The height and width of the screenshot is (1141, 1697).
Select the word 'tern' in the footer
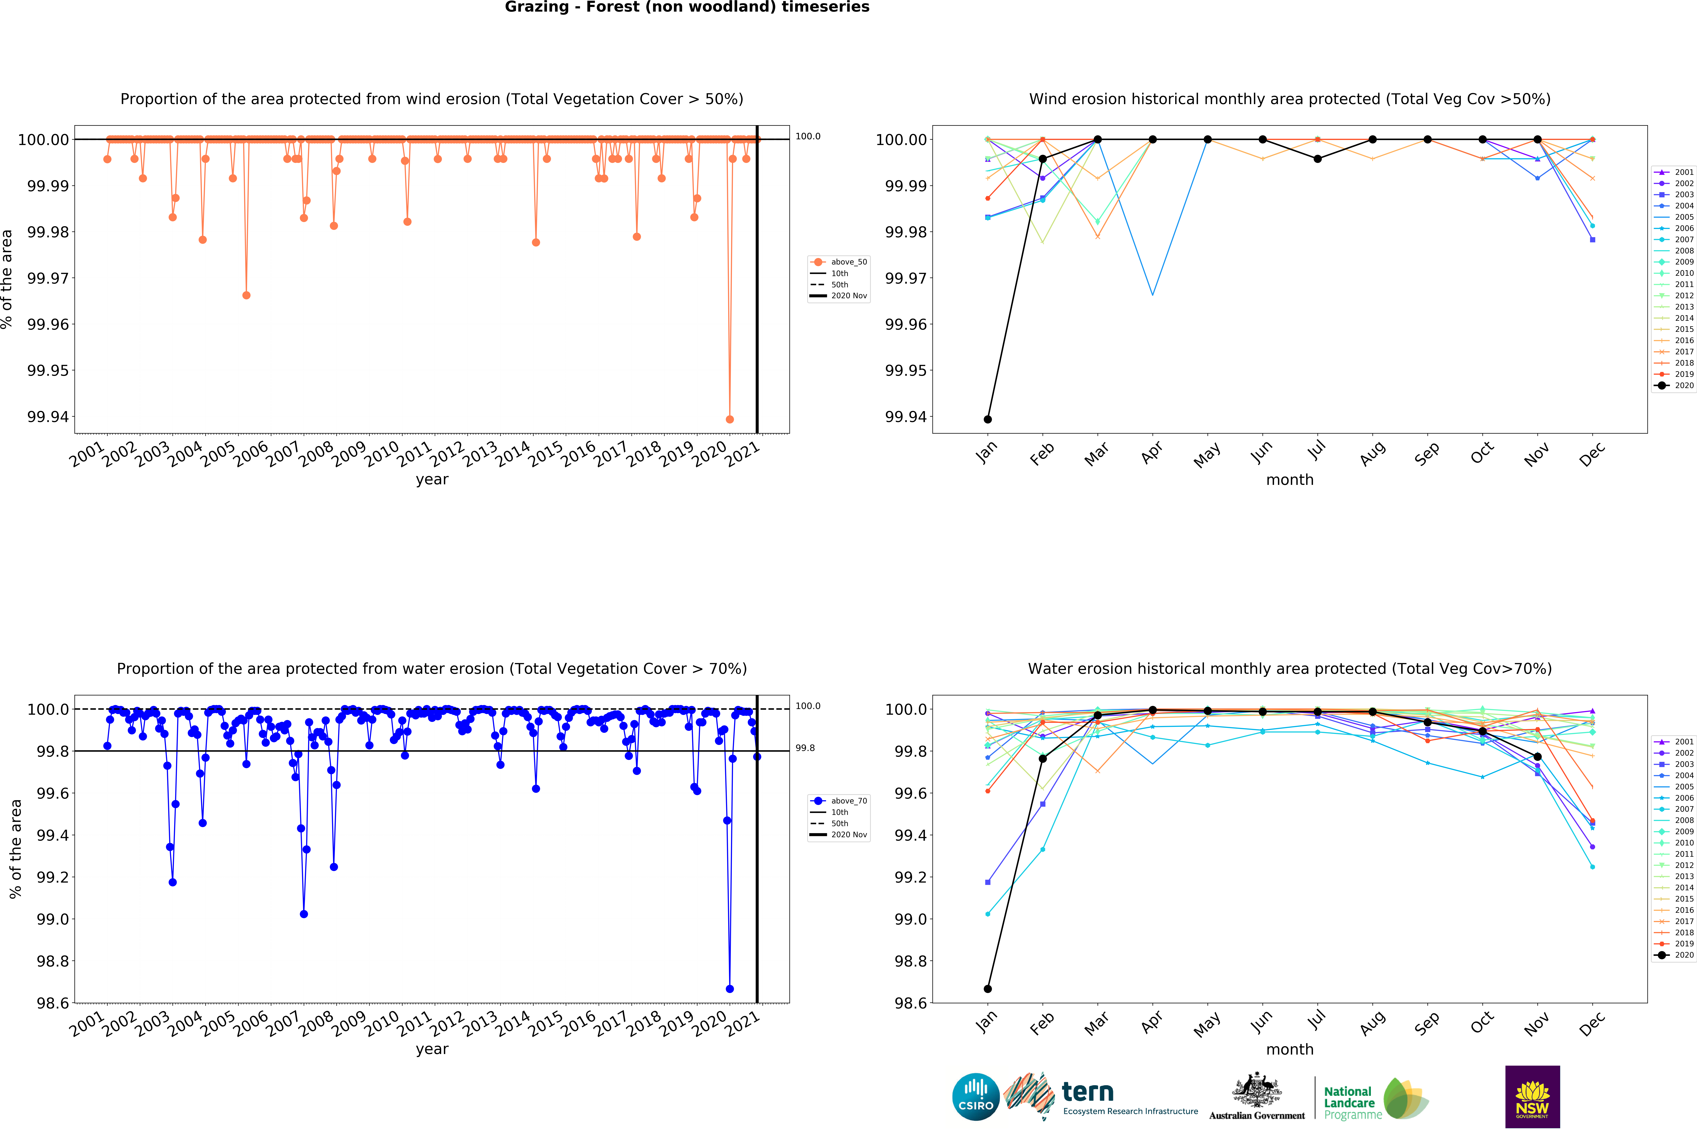click(1088, 1092)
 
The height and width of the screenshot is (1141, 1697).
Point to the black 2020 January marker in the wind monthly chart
click(987, 419)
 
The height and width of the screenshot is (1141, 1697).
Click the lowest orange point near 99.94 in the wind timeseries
click(730, 419)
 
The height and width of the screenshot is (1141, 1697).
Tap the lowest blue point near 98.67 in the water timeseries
click(730, 989)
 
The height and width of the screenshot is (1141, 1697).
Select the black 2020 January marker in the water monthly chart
click(987, 989)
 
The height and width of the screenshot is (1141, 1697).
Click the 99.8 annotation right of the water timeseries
click(804, 748)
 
